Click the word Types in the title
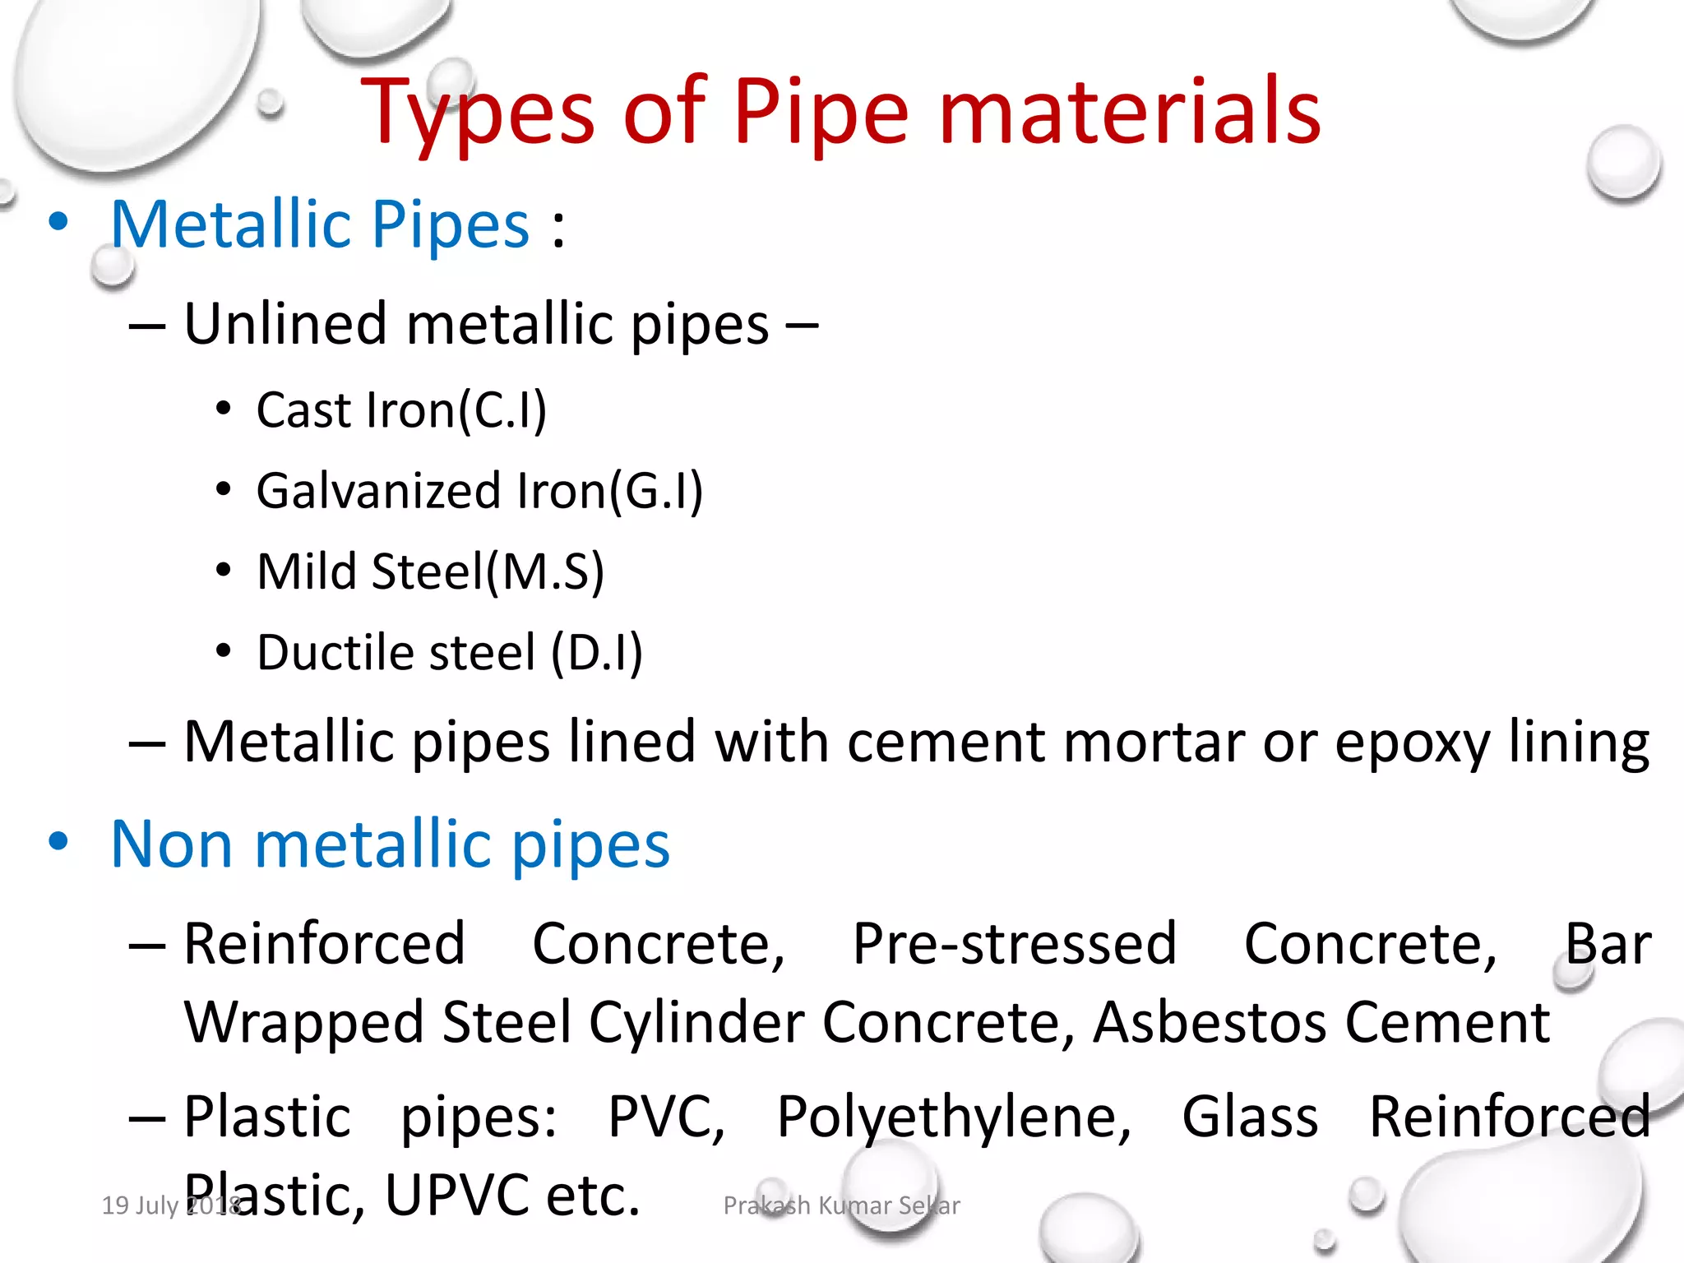(477, 113)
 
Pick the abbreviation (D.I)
(596, 653)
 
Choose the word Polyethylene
(953, 1117)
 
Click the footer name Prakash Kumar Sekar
(841, 1205)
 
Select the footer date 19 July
(140, 1205)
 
